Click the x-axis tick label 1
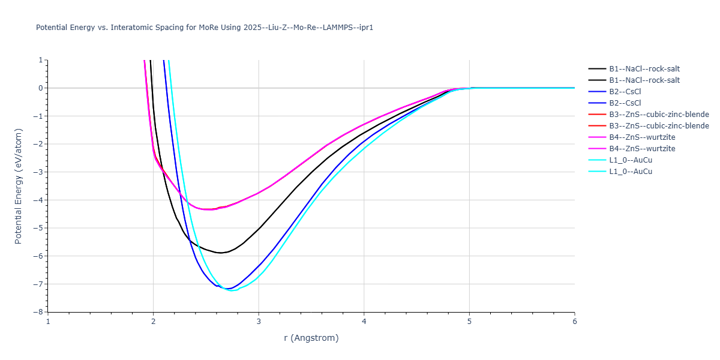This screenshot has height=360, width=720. (48, 321)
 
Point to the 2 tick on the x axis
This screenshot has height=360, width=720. (153, 321)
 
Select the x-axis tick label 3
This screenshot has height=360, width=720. (259, 321)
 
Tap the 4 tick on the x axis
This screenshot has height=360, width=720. (364, 321)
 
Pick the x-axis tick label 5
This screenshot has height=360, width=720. (469, 321)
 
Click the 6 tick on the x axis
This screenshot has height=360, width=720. (574, 321)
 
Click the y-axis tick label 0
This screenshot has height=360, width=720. (40, 88)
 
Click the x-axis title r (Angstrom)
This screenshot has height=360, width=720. (311, 338)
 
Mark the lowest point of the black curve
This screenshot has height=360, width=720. (221, 253)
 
